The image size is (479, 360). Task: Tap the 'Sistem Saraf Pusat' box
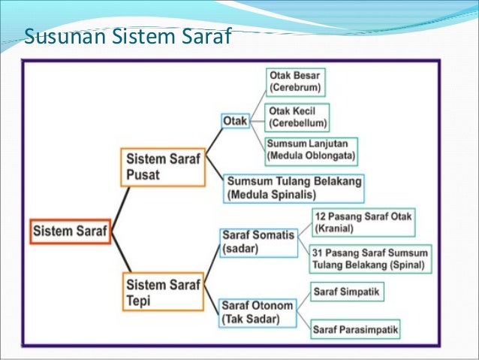[x=162, y=167]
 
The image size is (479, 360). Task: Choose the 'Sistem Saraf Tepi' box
[x=162, y=292]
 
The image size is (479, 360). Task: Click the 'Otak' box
[x=235, y=120]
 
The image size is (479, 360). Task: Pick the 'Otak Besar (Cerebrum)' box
[x=297, y=81]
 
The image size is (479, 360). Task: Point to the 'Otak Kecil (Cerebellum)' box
[x=298, y=118]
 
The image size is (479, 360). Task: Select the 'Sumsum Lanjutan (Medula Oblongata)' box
[x=311, y=151]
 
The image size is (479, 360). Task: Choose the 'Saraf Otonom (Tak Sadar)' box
[x=257, y=312]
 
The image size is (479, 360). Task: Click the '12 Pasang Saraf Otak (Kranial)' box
[x=363, y=221]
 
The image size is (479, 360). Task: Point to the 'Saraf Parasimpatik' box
[x=356, y=328]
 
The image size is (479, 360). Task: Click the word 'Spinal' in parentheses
[x=405, y=265]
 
